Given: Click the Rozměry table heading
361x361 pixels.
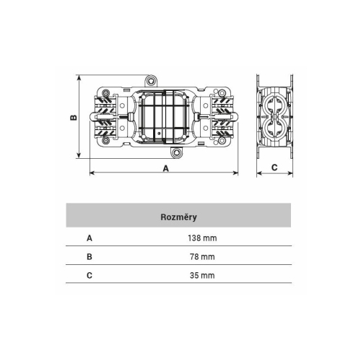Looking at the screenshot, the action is [178, 217].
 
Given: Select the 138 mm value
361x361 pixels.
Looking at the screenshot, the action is [202, 238].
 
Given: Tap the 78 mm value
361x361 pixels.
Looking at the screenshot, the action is [202, 256].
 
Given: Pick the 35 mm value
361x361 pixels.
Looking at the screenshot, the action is [202, 275].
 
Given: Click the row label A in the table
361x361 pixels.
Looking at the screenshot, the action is [90, 238].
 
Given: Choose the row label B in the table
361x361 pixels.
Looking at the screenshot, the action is [90, 257].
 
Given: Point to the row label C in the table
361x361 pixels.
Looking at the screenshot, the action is [90, 275].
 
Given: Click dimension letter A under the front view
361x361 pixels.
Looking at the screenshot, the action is [166, 168].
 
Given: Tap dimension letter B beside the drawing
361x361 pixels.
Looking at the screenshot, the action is [74, 117].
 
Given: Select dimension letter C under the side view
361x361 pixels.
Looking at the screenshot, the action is [274, 168].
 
